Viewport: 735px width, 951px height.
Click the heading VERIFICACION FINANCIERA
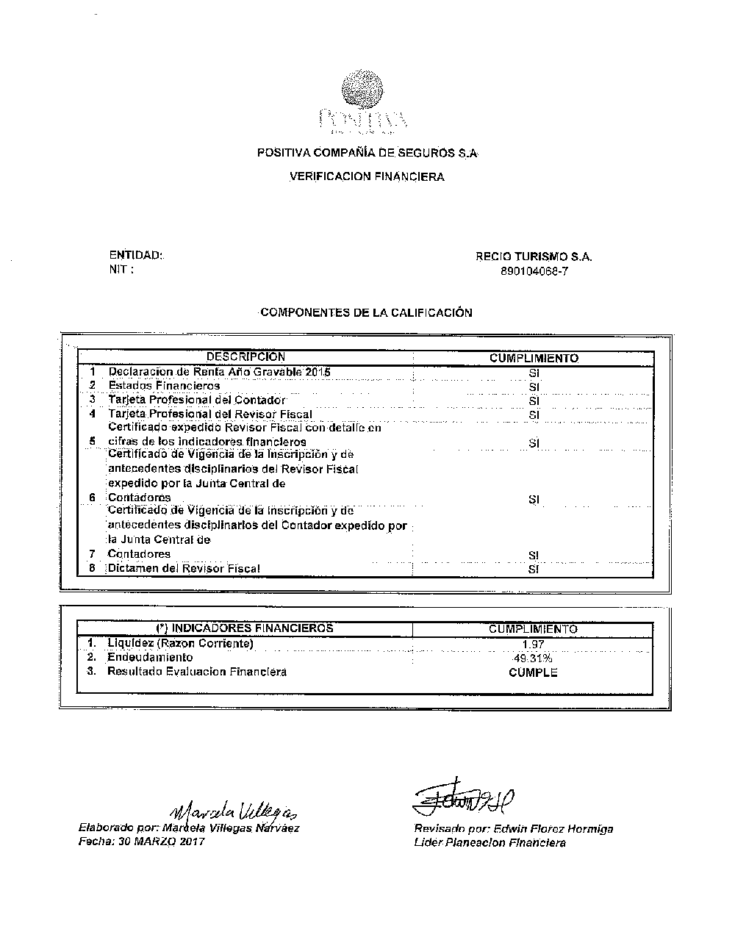point(367,177)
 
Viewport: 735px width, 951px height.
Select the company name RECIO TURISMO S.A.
point(534,257)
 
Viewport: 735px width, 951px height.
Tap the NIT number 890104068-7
point(534,270)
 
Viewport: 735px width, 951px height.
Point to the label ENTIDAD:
point(136,256)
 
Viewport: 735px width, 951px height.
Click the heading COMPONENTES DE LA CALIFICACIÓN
point(366,312)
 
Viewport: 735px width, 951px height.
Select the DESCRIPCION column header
point(245,358)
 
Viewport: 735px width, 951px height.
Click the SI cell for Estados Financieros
point(534,387)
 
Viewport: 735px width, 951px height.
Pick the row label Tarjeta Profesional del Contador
point(196,400)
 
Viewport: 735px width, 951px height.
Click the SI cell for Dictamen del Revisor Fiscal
point(534,569)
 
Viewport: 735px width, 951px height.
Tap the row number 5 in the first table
point(93,442)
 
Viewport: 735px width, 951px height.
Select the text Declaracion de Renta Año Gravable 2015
point(219,372)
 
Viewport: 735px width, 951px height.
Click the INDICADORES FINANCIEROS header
point(245,628)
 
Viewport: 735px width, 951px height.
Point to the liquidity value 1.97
point(534,644)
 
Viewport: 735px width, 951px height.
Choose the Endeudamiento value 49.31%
point(534,658)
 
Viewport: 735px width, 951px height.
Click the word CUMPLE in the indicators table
point(534,672)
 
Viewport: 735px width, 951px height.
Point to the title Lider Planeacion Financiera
point(490,843)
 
